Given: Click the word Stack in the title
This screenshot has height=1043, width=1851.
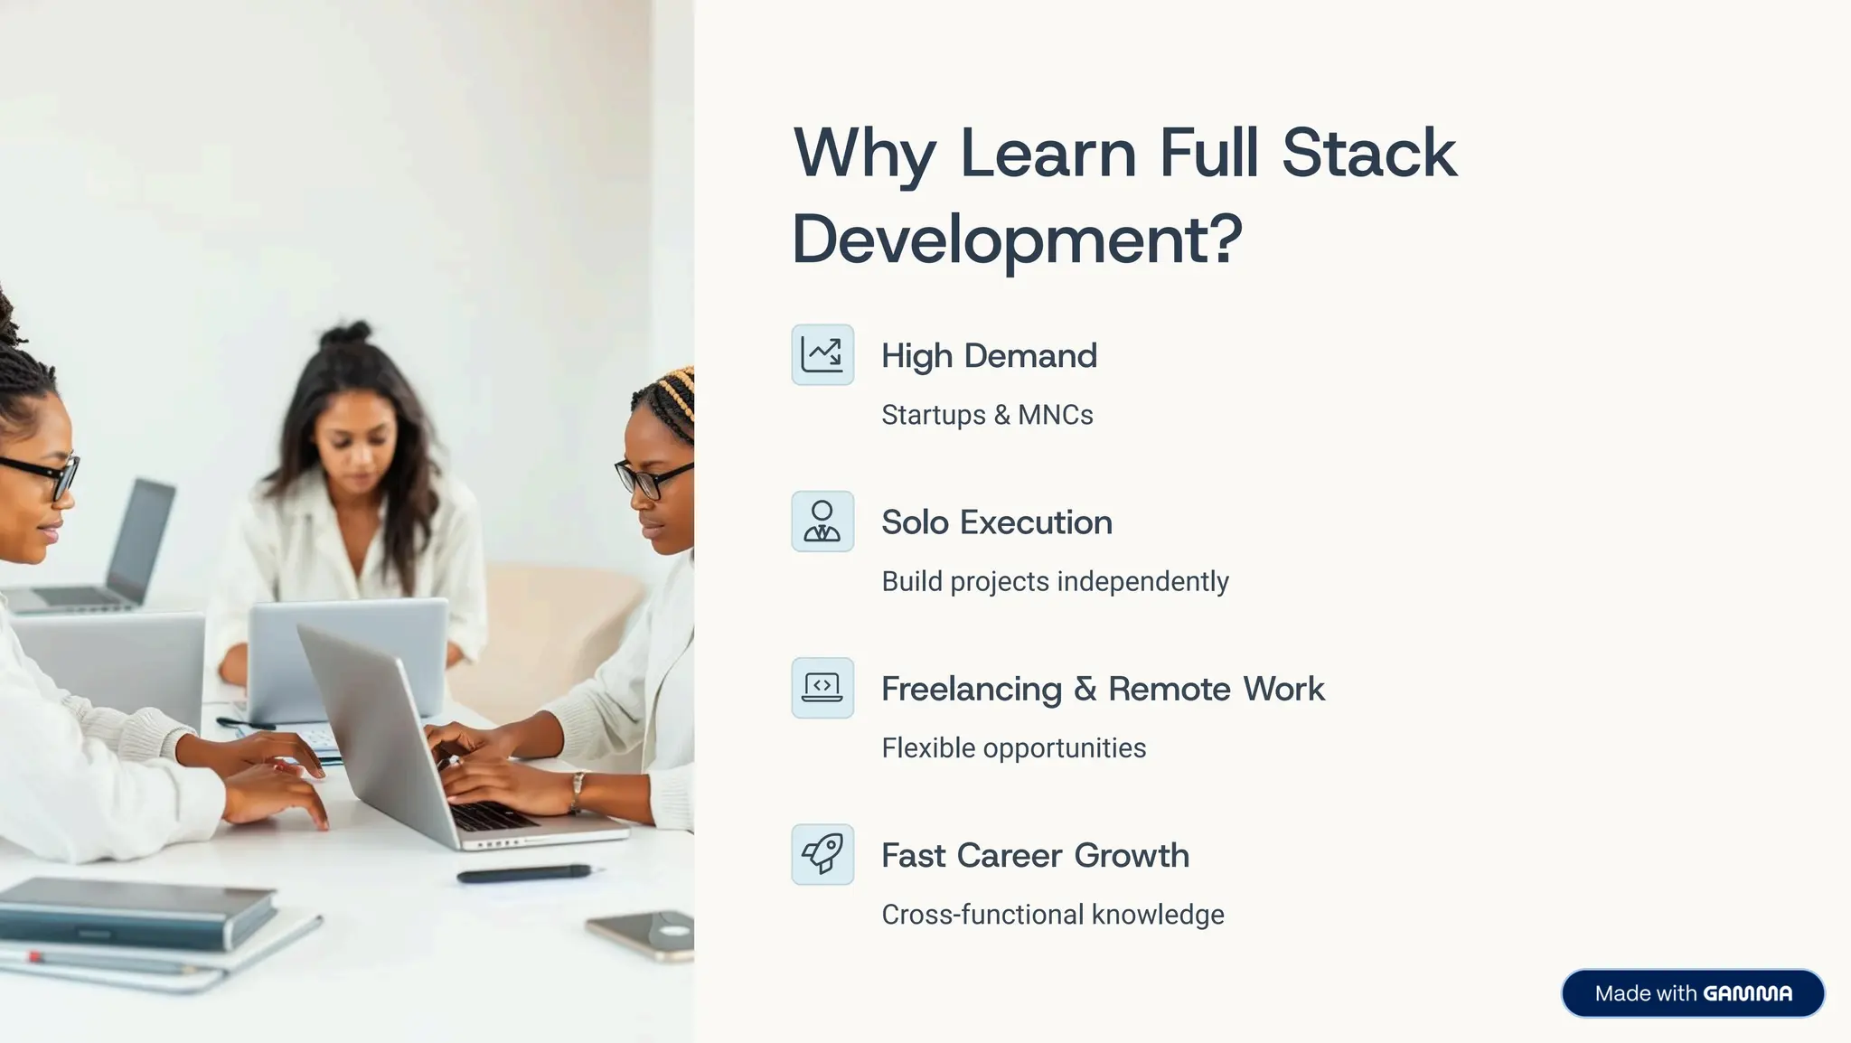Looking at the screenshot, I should point(1368,153).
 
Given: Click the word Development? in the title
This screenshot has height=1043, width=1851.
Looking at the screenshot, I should point(1017,240).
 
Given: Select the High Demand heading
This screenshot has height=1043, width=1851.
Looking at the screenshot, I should point(989,356).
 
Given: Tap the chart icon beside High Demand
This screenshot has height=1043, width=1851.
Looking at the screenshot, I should point(822,355).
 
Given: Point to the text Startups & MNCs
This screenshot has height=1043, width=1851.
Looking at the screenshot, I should point(987,415).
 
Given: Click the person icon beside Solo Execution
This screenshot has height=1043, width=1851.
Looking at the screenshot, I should point(822,521).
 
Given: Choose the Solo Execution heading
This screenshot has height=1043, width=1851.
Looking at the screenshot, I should point(996,522).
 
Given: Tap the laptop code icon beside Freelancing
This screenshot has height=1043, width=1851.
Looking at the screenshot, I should point(822,688).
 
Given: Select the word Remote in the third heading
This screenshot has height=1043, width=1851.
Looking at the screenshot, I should point(1170,689).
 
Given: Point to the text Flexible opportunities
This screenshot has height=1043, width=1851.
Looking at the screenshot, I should point(1013,748).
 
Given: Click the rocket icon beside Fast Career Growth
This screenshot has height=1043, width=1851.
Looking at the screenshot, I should point(822,854).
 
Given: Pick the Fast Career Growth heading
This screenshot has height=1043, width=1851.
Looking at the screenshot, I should point(1035,855).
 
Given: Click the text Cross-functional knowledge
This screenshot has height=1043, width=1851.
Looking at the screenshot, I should point(1052,915).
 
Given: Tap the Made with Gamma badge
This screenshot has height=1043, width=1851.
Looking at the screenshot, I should point(1693,993).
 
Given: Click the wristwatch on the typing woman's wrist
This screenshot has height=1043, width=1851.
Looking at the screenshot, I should point(576,791).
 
